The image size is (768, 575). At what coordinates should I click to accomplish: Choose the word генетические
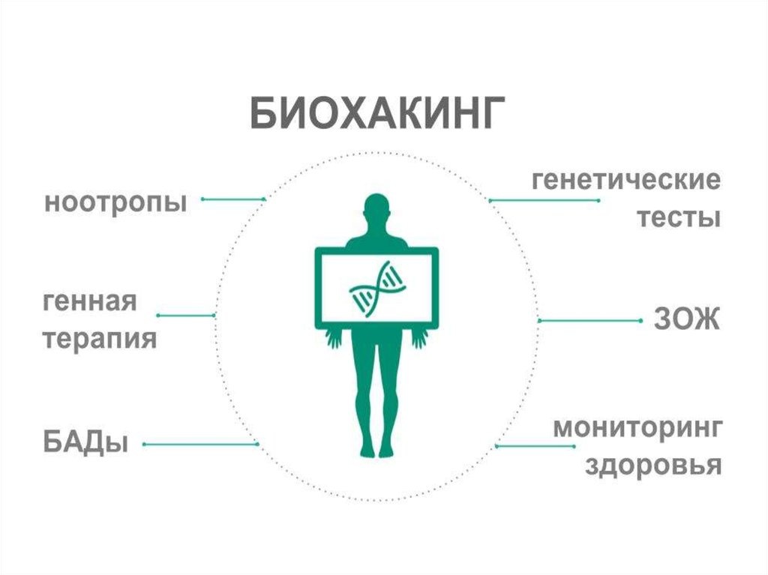click(x=626, y=181)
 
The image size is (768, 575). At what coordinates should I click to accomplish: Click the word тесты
click(x=679, y=218)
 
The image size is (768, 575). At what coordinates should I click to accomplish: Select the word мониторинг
click(x=637, y=429)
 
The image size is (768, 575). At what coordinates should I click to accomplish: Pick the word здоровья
click(x=652, y=466)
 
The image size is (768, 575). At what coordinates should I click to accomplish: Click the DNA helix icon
click(x=378, y=286)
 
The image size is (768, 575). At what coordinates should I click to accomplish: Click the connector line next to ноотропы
click(x=233, y=199)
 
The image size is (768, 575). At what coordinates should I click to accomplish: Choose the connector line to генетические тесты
click(x=544, y=201)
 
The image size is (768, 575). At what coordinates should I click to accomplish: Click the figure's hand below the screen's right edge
click(x=418, y=339)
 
